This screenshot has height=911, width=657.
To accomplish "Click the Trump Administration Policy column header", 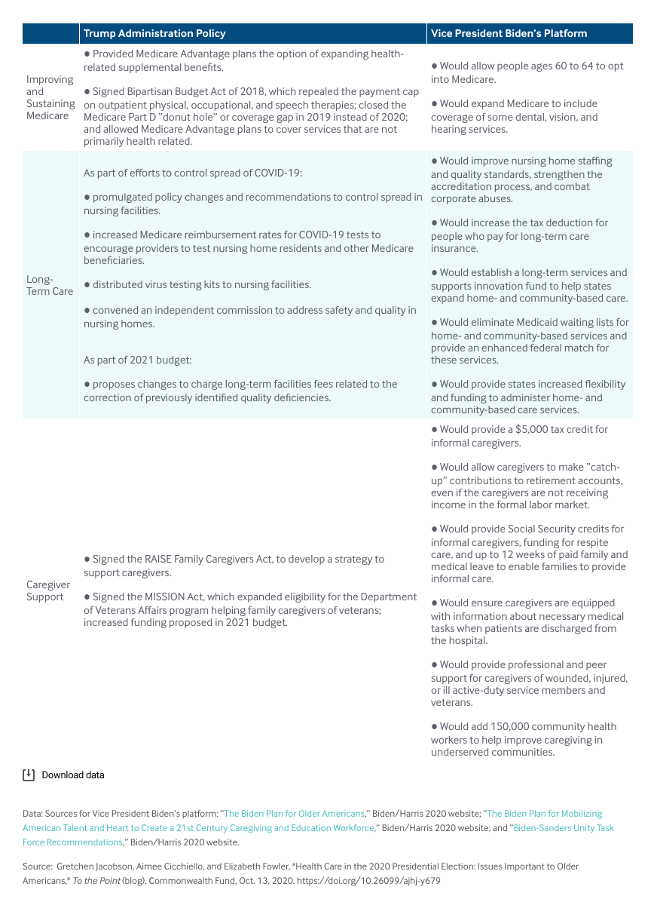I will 154,33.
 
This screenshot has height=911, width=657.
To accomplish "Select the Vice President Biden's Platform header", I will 509,33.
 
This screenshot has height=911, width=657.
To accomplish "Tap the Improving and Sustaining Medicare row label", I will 50,97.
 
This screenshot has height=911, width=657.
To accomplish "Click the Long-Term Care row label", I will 50,284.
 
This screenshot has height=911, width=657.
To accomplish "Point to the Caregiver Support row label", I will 47,590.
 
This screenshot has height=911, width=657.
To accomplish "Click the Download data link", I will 73,775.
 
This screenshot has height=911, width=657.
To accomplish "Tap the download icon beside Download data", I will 29,775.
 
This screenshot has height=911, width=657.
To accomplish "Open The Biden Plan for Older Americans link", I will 294,814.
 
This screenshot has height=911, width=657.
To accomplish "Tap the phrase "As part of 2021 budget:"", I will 138,360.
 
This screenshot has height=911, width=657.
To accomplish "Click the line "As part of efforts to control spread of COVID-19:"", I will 193,173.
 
